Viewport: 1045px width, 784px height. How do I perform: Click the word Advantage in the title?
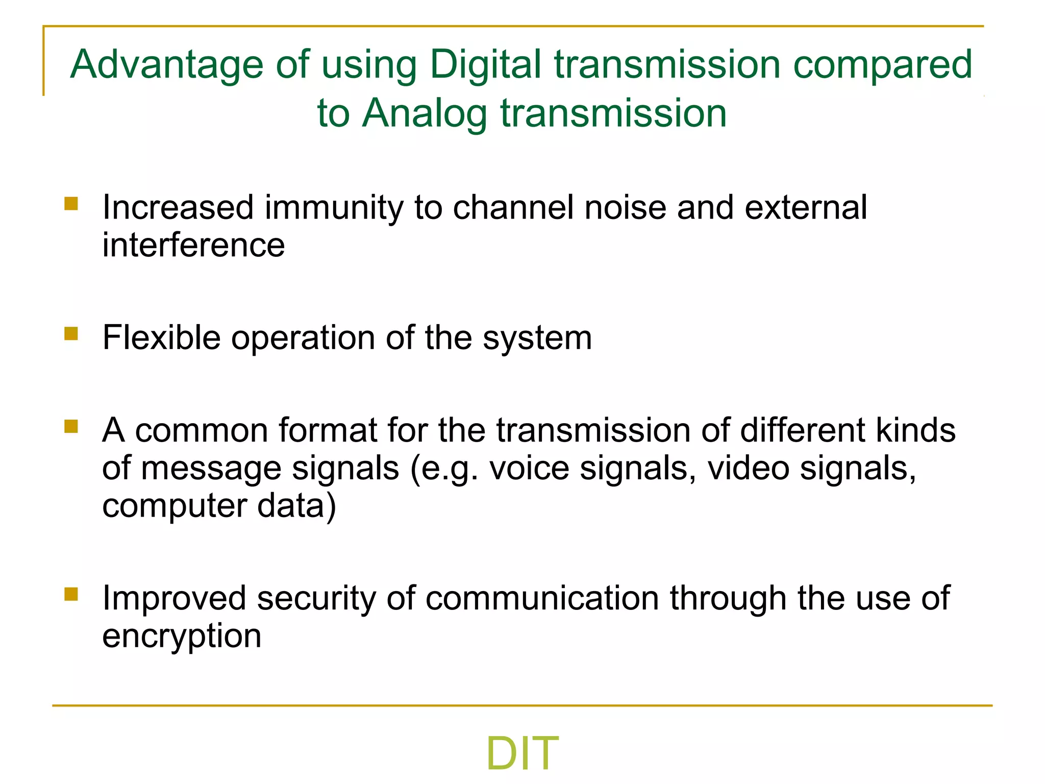tap(166, 65)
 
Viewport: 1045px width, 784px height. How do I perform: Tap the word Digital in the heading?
tap(485, 65)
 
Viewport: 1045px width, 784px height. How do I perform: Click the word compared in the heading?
tap(882, 65)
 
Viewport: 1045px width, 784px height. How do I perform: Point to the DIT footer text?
tap(522, 753)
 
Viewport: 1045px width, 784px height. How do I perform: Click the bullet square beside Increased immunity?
tap(71, 204)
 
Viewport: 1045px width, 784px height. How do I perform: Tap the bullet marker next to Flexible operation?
tap(71, 334)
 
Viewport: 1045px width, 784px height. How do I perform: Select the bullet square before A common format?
tap(71, 426)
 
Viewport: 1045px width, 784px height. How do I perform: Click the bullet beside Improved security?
tap(71, 594)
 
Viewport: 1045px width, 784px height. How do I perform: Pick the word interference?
tap(193, 246)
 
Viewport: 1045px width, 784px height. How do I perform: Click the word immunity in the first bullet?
tap(334, 208)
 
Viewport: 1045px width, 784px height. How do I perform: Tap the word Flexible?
tap(161, 338)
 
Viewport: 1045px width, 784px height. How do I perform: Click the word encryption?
tap(182, 637)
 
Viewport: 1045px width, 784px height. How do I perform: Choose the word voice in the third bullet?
tap(529, 468)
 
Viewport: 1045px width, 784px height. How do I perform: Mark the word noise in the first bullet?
tap(625, 208)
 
